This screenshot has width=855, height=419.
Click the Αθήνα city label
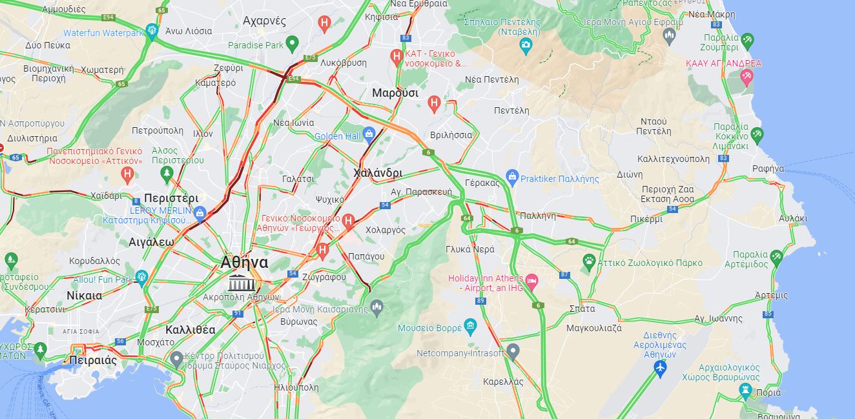pyautogui.click(x=243, y=263)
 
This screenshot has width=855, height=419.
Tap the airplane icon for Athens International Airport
pyautogui.click(x=659, y=368)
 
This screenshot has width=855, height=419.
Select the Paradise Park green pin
pyautogui.click(x=292, y=45)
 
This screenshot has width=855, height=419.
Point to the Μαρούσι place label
pyautogui.click(x=395, y=93)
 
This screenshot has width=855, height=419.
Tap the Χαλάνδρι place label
pyautogui.click(x=378, y=173)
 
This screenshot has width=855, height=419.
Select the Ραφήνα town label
pyautogui.click(x=768, y=169)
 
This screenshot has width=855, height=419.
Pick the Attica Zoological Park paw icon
pyautogui.click(x=588, y=261)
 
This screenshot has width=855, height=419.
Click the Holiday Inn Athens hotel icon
pyautogui.click(x=531, y=280)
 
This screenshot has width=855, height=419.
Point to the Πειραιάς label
pyautogui.click(x=93, y=360)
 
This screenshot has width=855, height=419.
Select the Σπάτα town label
pyautogui.click(x=582, y=309)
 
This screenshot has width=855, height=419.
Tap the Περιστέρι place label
pyautogui.click(x=171, y=198)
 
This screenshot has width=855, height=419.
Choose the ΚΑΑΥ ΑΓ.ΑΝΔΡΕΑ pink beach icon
pyautogui.click(x=747, y=77)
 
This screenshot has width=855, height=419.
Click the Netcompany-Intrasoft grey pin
pyautogui.click(x=513, y=352)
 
